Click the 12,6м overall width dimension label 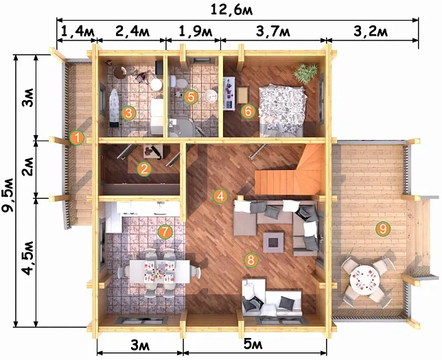tap(231, 10)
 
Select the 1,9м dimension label tap(196, 32)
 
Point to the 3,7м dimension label tap(273, 32)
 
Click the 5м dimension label tap(253, 344)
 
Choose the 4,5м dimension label tap(29, 258)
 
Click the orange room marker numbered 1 tap(77, 138)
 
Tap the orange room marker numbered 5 tap(191, 97)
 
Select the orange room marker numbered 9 tap(383, 229)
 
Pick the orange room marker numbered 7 tap(165, 232)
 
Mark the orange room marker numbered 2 tap(144, 169)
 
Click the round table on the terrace tap(364, 280)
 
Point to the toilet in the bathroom tap(178, 82)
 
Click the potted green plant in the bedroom tap(305, 73)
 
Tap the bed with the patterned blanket tap(282, 110)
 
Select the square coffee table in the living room tap(273, 242)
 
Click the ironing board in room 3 tap(115, 108)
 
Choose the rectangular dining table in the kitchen tap(159, 272)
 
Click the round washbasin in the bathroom tap(211, 96)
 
